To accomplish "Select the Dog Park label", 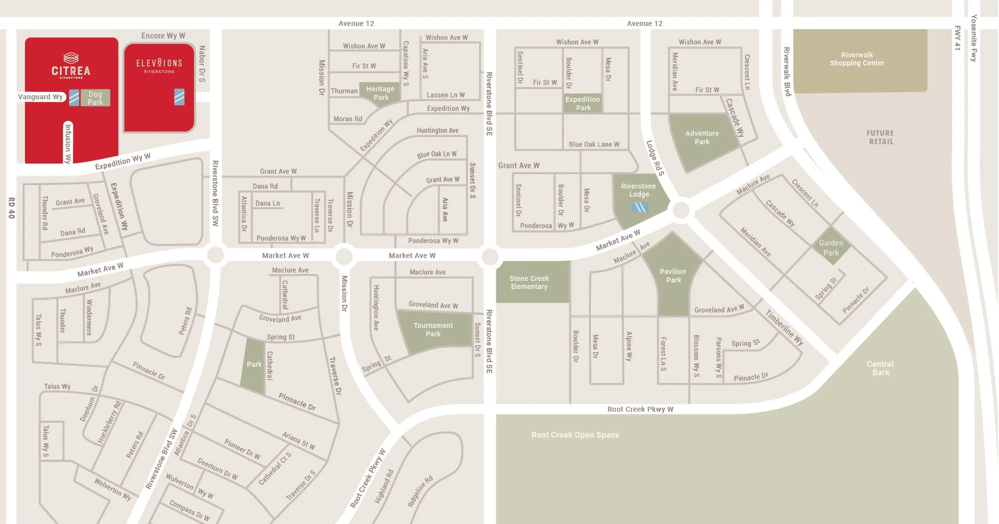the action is [x=95, y=98].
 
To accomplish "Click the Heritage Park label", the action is [x=380, y=93].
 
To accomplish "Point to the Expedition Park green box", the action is [x=582, y=103].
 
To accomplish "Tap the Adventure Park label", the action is [x=702, y=137].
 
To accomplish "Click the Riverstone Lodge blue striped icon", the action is [x=640, y=207].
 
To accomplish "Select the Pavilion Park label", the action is [x=673, y=275].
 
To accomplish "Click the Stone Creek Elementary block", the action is [x=529, y=282].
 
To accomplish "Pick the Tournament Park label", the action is [x=433, y=329].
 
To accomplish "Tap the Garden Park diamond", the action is [x=831, y=247].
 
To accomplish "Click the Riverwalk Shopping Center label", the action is [x=857, y=59].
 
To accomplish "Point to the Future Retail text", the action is [x=880, y=137].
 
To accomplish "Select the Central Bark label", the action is [x=880, y=368].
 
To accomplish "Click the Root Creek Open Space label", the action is [x=575, y=435].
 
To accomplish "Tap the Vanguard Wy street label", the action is [x=41, y=97].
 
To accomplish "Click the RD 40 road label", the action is [x=11, y=208].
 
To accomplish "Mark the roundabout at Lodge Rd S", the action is [x=681, y=210].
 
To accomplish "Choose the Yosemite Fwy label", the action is [x=974, y=38].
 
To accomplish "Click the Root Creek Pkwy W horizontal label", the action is [x=640, y=409].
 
